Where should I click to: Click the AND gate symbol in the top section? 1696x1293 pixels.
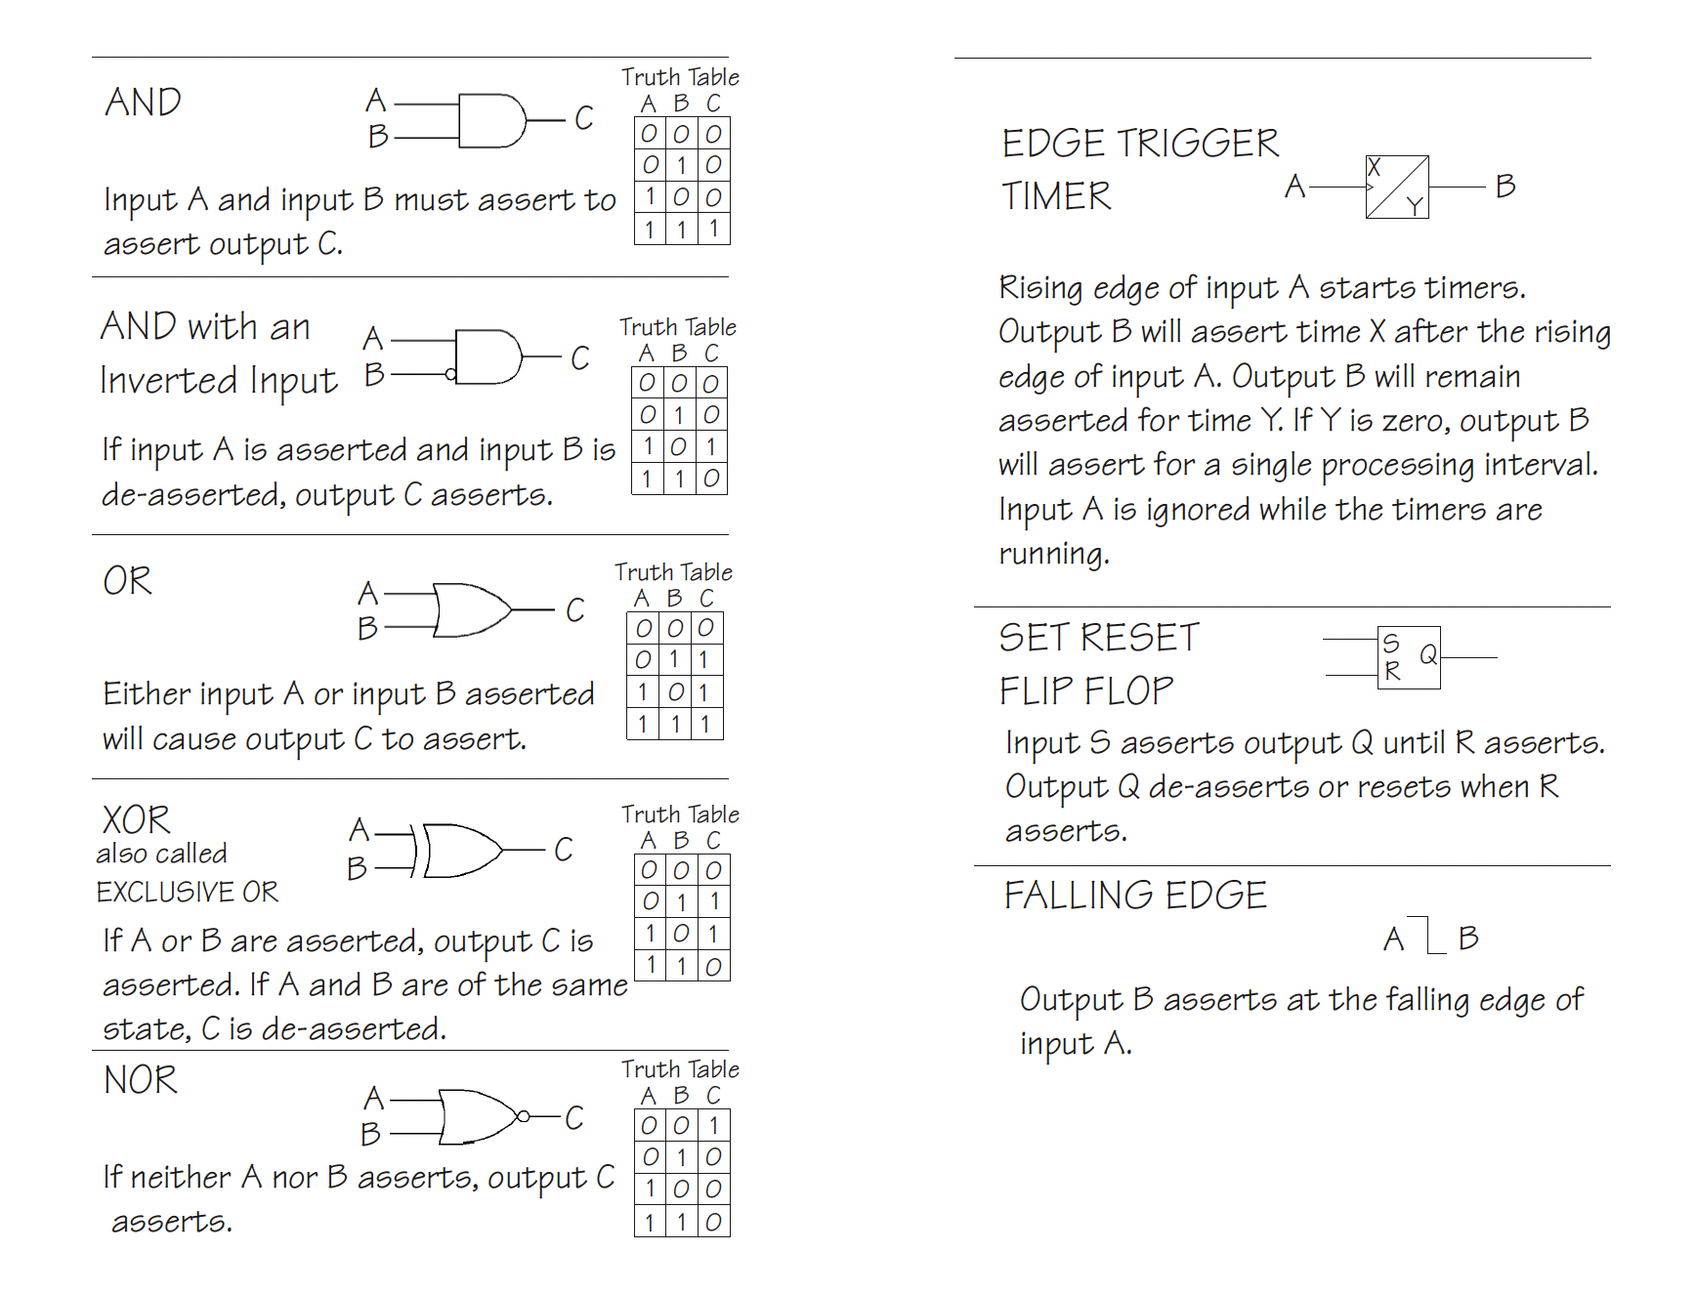[491, 121]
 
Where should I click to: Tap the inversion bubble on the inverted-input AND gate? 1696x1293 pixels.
[450, 374]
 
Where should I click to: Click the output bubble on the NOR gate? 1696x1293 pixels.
[524, 1116]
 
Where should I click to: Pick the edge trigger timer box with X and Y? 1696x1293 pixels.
[1397, 187]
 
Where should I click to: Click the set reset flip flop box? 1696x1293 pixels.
[1409, 658]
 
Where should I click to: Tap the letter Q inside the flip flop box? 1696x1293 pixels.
[1428, 654]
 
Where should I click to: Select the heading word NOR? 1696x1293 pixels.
[141, 1080]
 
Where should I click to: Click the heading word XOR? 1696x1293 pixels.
[136, 819]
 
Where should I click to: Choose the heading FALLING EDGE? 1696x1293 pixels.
[1135, 896]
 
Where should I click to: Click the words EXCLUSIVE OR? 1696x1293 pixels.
[187, 892]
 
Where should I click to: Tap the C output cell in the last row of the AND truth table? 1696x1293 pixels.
[714, 229]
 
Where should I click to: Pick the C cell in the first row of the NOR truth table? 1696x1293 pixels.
[714, 1125]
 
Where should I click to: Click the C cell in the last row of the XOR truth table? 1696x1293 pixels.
[714, 966]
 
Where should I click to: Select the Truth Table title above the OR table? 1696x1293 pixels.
[673, 571]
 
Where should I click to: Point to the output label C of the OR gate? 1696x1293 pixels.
[575, 610]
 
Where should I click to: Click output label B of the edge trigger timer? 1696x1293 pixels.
[1505, 186]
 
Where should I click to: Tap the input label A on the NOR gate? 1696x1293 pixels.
[373, 1099]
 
